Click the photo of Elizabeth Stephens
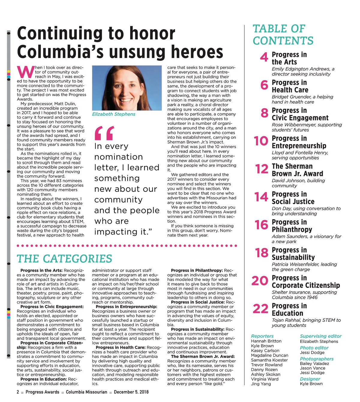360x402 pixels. (127, 88)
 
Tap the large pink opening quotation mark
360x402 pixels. (104, 133)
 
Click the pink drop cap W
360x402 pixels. (25, 72)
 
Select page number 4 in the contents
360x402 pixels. (264, 57)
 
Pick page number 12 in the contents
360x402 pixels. (262, 169)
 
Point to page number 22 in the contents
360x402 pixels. (260, 309)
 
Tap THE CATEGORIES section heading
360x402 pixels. (64, 259)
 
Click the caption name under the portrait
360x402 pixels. (114, 114)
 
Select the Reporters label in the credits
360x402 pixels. (262, 336)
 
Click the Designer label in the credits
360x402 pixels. (310, 379)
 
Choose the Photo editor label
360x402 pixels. (314, 348)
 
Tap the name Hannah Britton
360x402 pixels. (266, 341)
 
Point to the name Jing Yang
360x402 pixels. (261, 384)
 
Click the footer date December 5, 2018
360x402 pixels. (131, 392)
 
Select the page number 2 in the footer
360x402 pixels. (18, 392)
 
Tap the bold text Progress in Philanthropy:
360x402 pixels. (197, 271)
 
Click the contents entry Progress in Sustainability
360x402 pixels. (293, 254)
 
